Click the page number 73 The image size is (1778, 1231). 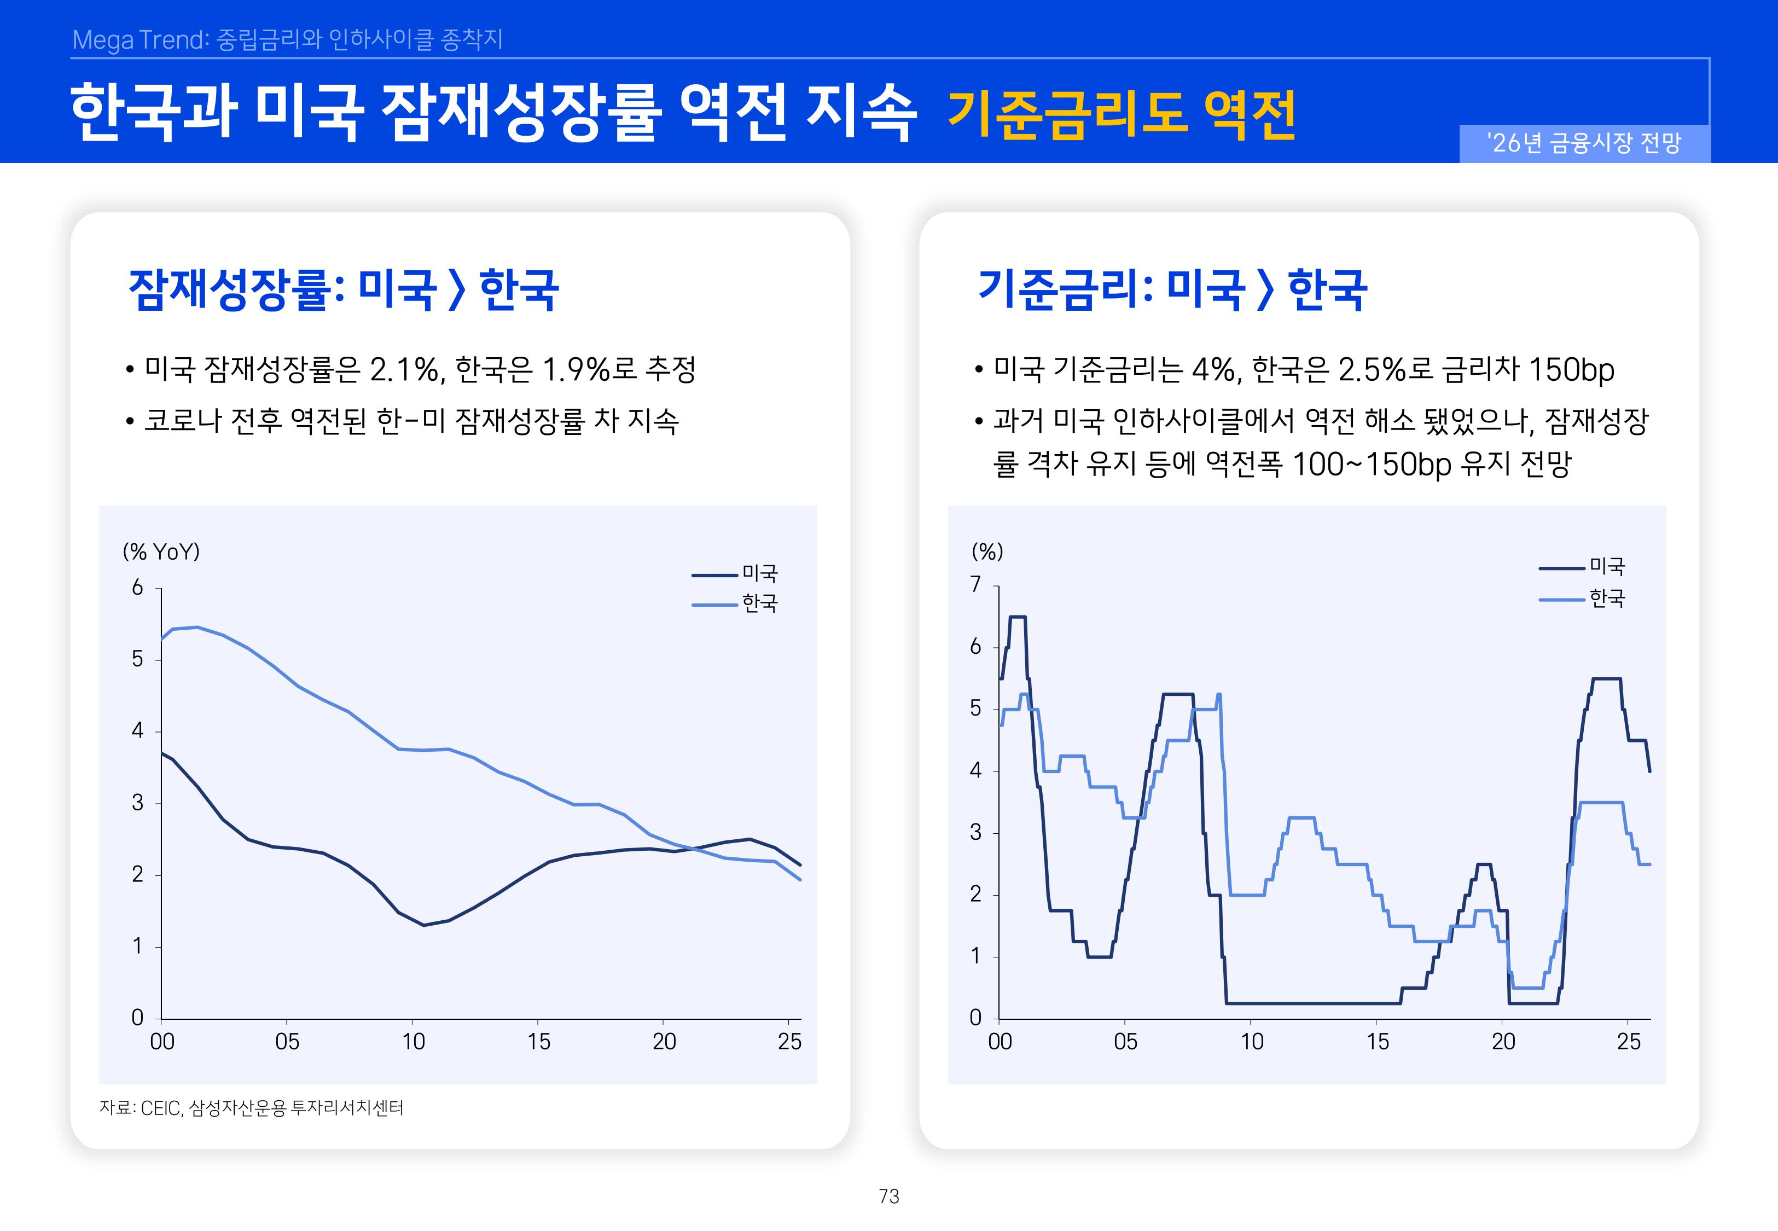(x=888, y=1197)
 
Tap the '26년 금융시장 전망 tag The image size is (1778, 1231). (x=1584, y=143)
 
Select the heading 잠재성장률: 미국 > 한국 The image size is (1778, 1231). (x=343, y=290)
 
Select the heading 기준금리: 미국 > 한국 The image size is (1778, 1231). (x=1172, y=290)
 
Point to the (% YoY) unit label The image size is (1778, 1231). (x=161, y=551)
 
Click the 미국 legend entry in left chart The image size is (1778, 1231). (x=759, y=573)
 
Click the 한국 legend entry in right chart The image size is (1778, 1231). (x=1607, y=599)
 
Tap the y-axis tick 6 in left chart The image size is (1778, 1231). (x=137, y=588)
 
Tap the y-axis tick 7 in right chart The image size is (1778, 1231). (x=975, y=585)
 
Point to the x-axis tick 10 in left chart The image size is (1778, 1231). (x=412, y=1042)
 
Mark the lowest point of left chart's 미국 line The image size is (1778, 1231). (x=423, y=925)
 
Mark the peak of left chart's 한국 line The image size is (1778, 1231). (x=197, y=627)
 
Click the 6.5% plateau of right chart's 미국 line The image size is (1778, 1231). (x=1018, y=617)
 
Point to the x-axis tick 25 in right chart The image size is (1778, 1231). (x=1629, y=1042)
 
